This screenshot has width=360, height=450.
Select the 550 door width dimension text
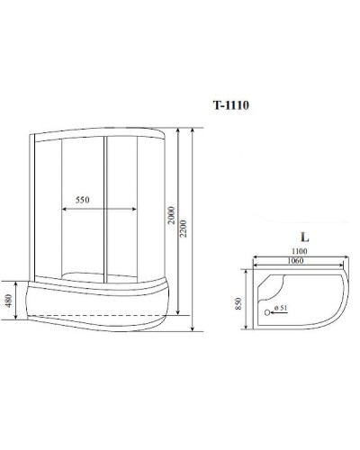pyautogui.click(x=85, y=198)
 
